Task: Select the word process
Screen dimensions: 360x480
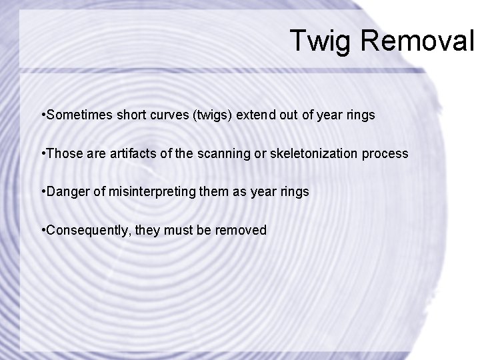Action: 385,153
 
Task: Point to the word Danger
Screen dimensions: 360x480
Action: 66,192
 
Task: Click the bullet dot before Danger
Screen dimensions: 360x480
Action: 43,192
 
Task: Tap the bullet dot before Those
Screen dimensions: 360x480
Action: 43,153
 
